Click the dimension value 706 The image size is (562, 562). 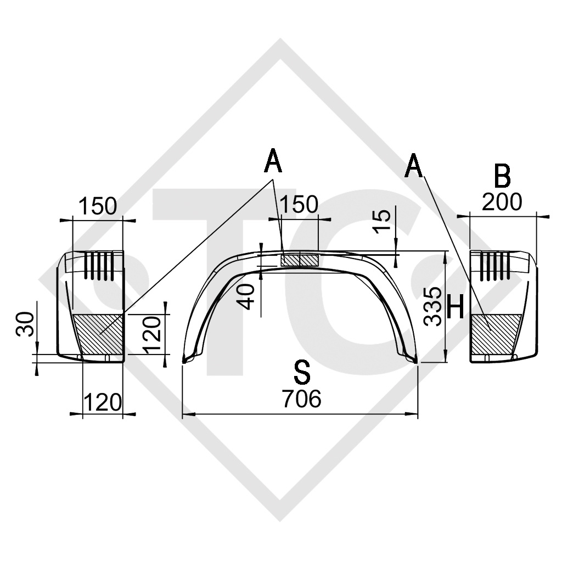(x=301, y=398)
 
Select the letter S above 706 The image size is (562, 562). (x=302, y=373)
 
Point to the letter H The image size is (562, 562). (x=456, y=308)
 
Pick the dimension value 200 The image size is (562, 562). (x=502, y=202)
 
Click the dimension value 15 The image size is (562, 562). (x=383, y=221)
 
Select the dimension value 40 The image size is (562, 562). (x=247, y=296)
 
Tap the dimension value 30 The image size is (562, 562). (x=25, y=324)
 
